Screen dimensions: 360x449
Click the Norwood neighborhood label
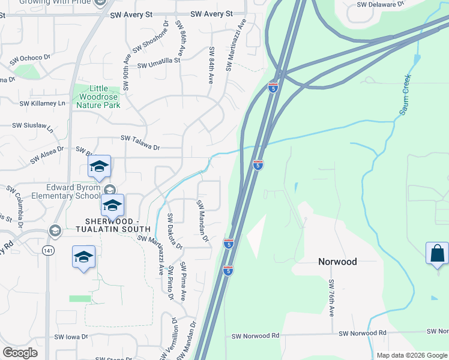pyautogui.click(x=337, y=262)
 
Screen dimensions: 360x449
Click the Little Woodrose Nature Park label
pyautogui.click(x=98, y=97)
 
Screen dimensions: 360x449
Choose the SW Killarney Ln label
pyautogui.click(x=42, y=103)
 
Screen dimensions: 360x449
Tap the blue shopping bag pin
pyautogui.click(x=437, y=253)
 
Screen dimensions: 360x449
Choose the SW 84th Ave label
pyautogui.click(x=211, y=65)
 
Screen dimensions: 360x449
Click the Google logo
pyautogui.click(x=20, y=353)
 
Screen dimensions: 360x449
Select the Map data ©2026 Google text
pyautogui.click(x=411, y=355)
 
